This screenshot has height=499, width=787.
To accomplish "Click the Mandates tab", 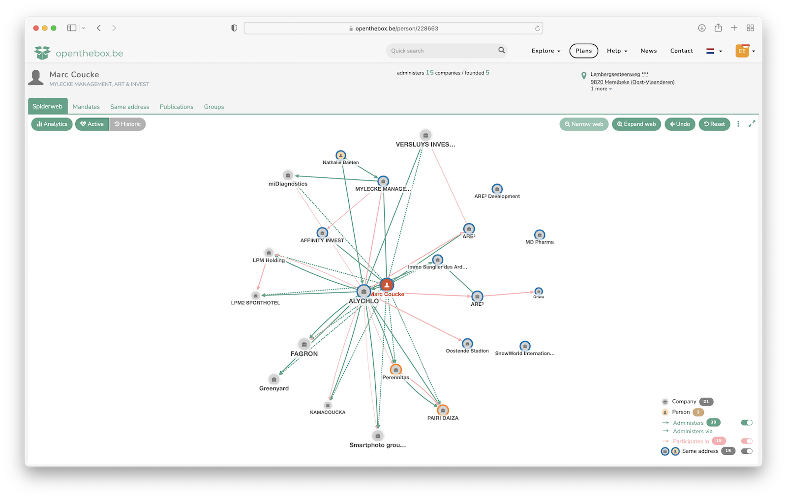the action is (86, 107).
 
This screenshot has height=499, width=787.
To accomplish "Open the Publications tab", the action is (177, 107).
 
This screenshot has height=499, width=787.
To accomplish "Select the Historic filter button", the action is (127, 124).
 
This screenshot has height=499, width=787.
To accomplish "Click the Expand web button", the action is (636, 124).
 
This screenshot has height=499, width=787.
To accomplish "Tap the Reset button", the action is (714, 124).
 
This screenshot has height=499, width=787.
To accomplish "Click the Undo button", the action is (680, 124).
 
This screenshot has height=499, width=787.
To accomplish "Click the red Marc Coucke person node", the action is (387, 285).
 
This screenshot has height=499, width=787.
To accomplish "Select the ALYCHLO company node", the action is (363, 291).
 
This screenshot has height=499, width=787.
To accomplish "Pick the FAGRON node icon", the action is (304, 344).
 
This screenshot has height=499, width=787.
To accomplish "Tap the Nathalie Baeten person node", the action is (340, 155).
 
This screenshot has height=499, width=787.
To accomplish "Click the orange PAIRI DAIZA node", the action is (443, 410).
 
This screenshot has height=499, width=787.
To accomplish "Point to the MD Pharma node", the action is (539, 235).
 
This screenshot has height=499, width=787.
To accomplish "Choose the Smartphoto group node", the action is (378, 436).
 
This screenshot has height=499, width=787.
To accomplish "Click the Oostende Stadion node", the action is (467, 343).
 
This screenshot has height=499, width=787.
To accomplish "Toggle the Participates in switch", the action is (747, 441).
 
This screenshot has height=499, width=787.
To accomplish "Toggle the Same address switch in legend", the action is (747, 451).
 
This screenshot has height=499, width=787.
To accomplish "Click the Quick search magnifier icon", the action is (501, 50).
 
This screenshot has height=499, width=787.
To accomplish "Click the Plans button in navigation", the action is (583, 51).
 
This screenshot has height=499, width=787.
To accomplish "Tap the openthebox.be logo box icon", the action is (42, 53).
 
